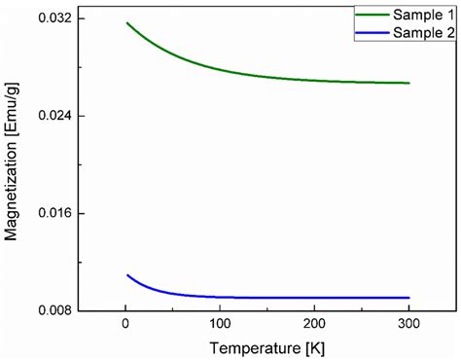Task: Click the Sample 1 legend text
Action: point(424,16)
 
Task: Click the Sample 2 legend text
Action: point(424,32)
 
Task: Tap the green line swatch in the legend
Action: point(372,16)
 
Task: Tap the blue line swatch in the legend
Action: point(372,32)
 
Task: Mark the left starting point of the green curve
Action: point(127,22)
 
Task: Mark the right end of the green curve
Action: point(409,83)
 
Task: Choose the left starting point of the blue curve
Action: point(127,275)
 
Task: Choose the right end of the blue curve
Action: point(409,298)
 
